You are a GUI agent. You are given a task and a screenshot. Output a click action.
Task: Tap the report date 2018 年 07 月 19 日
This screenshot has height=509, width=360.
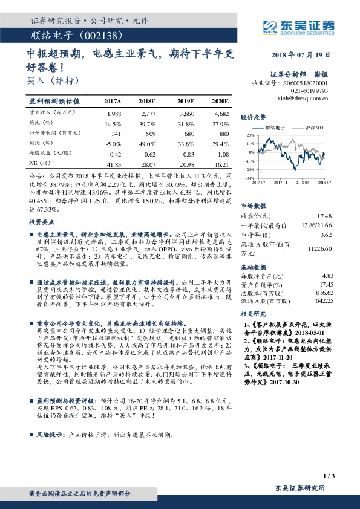point(299,55)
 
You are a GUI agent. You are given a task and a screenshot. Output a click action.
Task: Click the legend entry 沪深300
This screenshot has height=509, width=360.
point(315,129)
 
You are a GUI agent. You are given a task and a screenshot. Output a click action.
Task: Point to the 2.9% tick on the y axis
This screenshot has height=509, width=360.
point(250,136)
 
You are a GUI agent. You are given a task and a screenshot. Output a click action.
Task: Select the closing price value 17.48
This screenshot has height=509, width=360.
point(324,216)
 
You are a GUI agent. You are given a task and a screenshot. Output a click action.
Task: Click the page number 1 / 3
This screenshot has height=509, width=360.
point(329,476)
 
